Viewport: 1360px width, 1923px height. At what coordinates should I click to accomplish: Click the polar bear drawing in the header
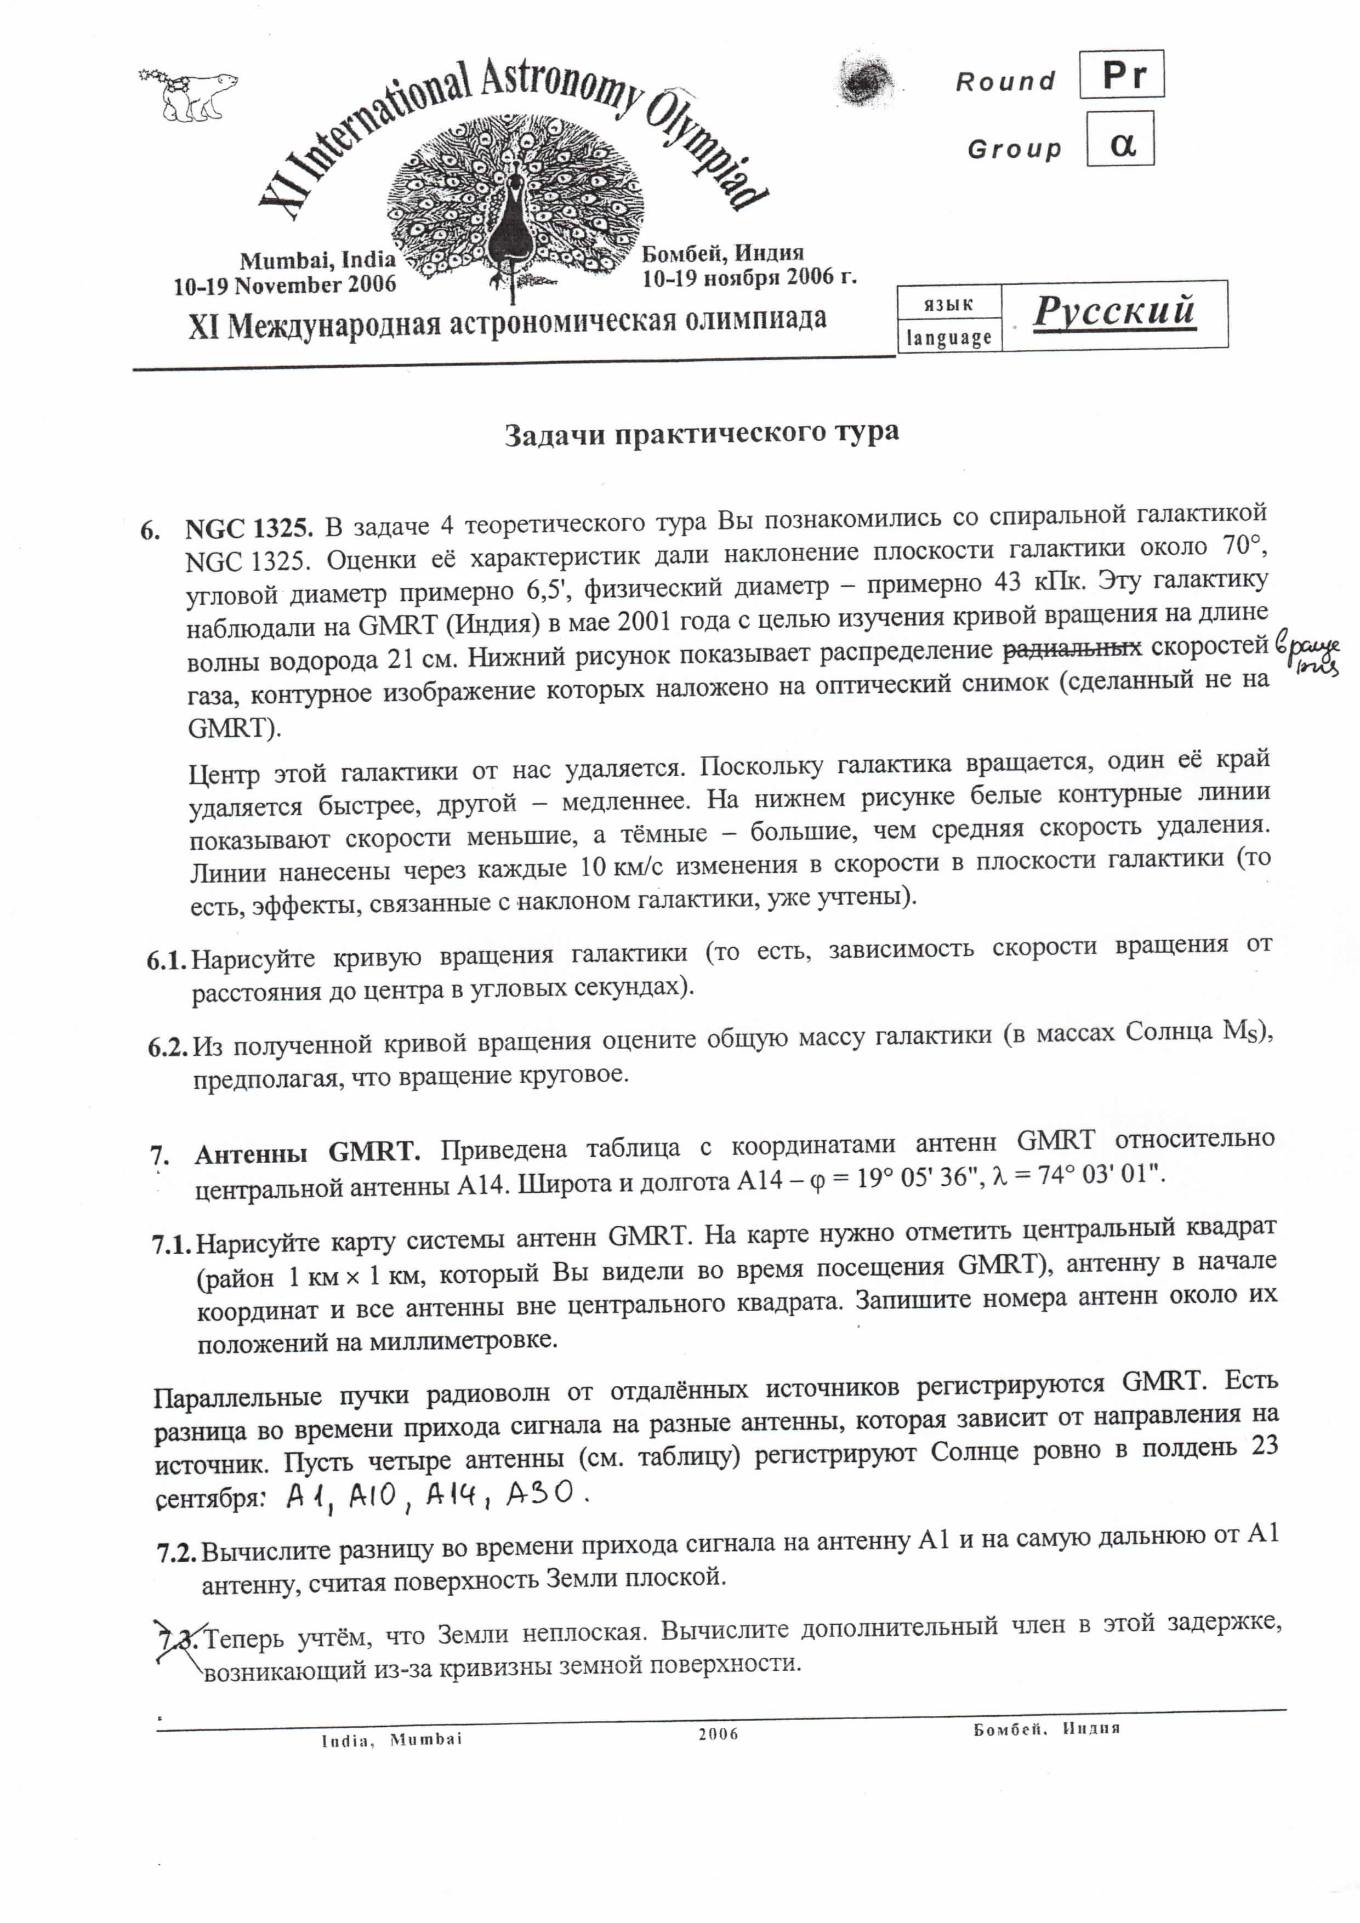tap(189, 94)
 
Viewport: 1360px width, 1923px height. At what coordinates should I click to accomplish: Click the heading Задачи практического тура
tap(701, 434)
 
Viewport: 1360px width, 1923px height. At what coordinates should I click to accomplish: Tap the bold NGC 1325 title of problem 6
tap(249, 530)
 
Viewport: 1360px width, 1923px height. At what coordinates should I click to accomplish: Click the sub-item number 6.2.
tap(168, 1048)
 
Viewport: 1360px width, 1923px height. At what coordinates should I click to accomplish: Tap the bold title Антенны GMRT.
tap(308, 1154)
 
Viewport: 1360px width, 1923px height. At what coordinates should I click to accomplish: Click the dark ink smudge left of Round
tap(863, 81)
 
